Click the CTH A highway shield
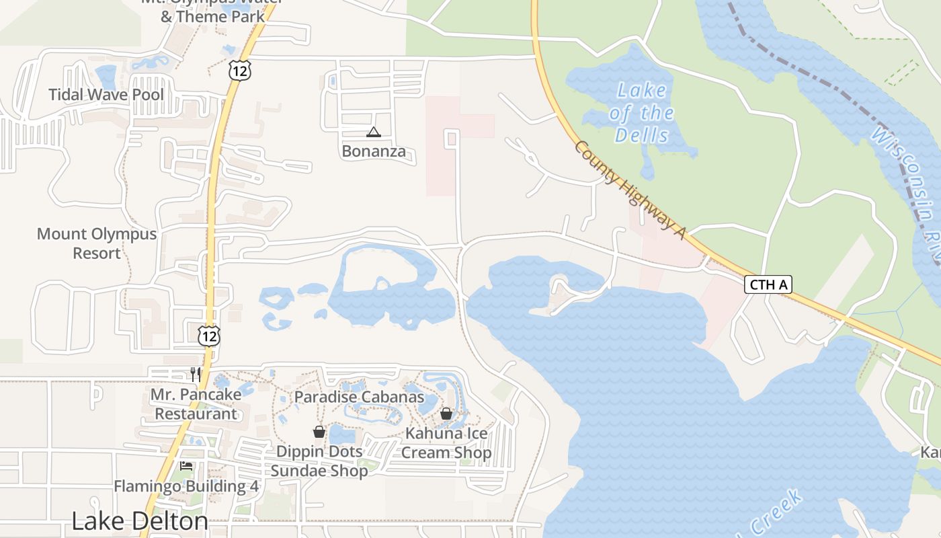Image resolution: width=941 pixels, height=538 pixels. tap(768, 284)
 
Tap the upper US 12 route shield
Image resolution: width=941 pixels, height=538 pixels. tap(239, 69)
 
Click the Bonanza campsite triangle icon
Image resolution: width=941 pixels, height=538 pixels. tap(374, 132)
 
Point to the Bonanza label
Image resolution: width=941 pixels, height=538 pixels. tap(374, 151)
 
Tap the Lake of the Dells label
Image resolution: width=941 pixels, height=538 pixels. tap(642, 112)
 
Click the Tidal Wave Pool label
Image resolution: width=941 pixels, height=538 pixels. tap(106, 94)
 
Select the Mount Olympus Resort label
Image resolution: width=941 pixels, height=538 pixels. tap(96, 243)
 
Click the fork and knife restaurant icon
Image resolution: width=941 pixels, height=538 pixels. tap(196, 375)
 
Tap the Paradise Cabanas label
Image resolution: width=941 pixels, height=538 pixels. tap(359, 397)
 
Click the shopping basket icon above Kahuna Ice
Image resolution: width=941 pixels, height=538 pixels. tap(446, 414)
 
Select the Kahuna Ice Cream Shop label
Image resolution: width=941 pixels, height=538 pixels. tap(446, 443)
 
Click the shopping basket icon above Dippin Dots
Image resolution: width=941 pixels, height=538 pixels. tap(319, 431)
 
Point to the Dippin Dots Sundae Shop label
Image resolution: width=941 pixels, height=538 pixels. tap(319, 461)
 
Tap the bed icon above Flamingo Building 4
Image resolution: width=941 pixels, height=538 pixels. tap(186, 466)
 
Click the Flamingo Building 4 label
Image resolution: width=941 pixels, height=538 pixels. tap(186, 486)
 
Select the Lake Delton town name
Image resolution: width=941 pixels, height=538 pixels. tap(139, 521)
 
